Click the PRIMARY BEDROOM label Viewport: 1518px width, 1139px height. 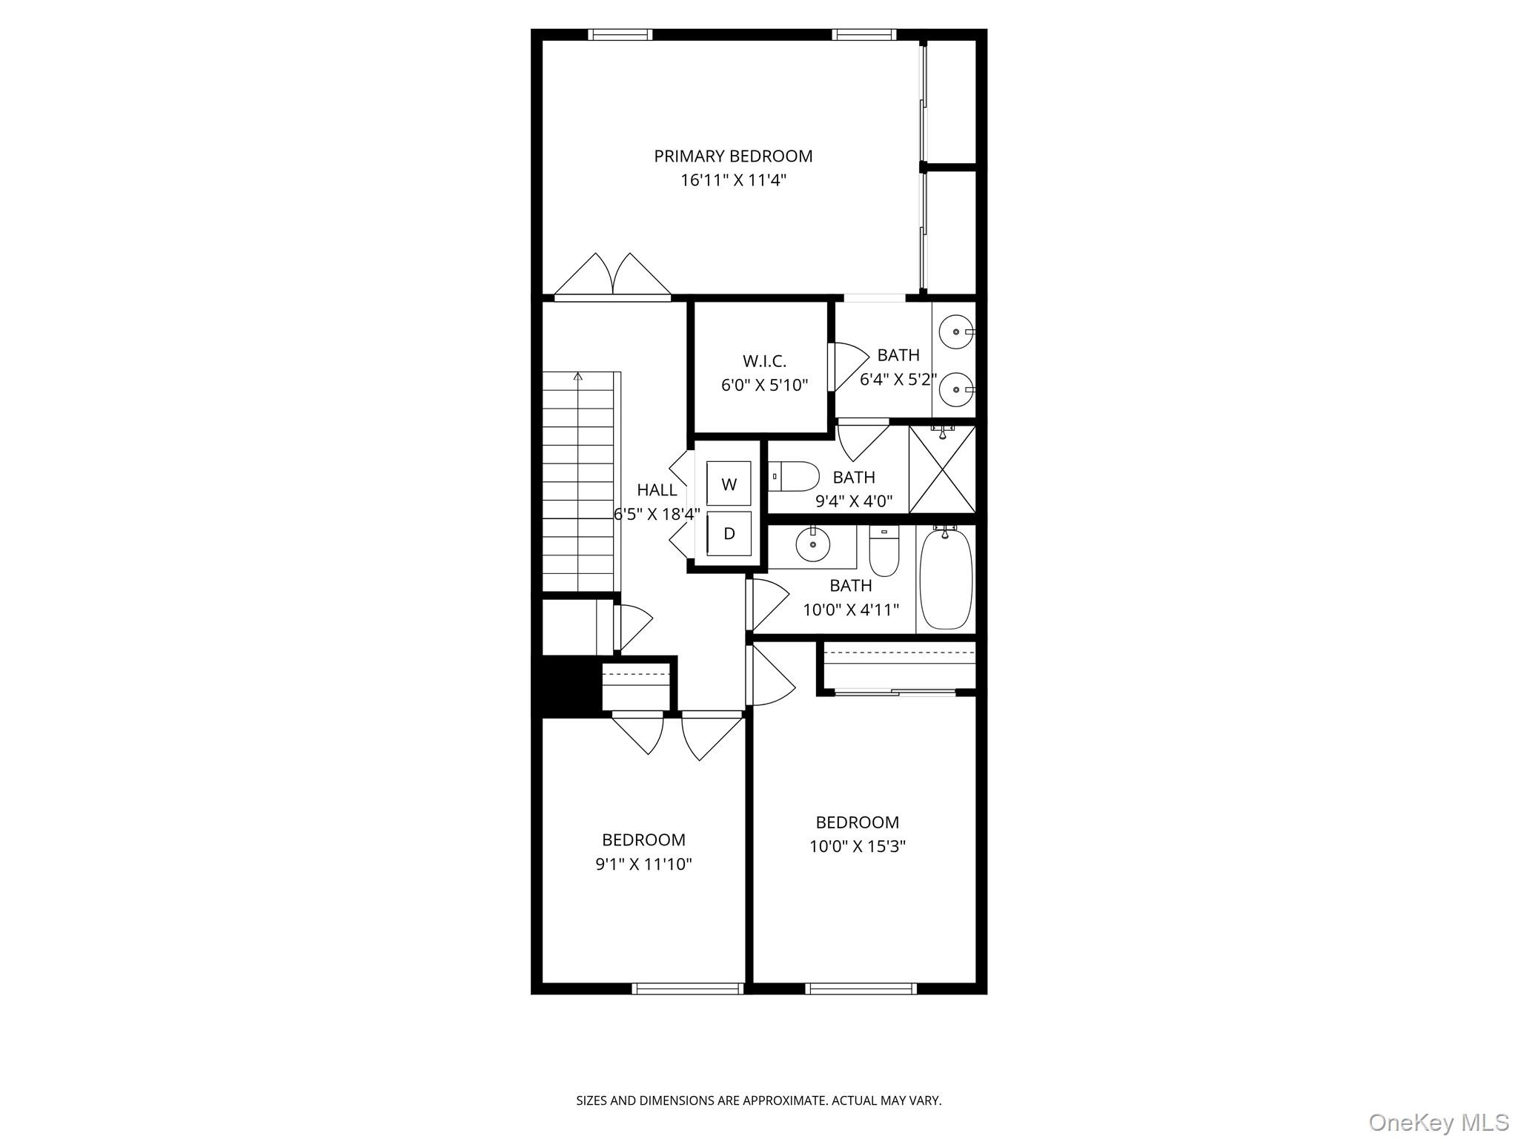[732, 156]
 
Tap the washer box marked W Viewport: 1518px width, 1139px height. [729, 484]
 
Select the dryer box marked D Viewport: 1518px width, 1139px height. [729, 533]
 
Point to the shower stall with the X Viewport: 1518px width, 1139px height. [942, 469]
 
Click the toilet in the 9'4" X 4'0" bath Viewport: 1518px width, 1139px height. [795, 476]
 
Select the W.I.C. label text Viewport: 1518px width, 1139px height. [764, 361]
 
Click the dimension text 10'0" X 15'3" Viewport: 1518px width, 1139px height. [858, 846]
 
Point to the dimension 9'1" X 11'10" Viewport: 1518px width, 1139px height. [643, 864]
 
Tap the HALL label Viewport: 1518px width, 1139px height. [657, 490]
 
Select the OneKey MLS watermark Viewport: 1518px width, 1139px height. [1439, 1122]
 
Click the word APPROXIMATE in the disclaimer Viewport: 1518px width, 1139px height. [784, 1101]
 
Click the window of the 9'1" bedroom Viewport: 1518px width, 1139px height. [687, 988]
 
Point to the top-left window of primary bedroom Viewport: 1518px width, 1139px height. [620, 34]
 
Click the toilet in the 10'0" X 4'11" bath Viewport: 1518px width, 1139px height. [884, 552]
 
